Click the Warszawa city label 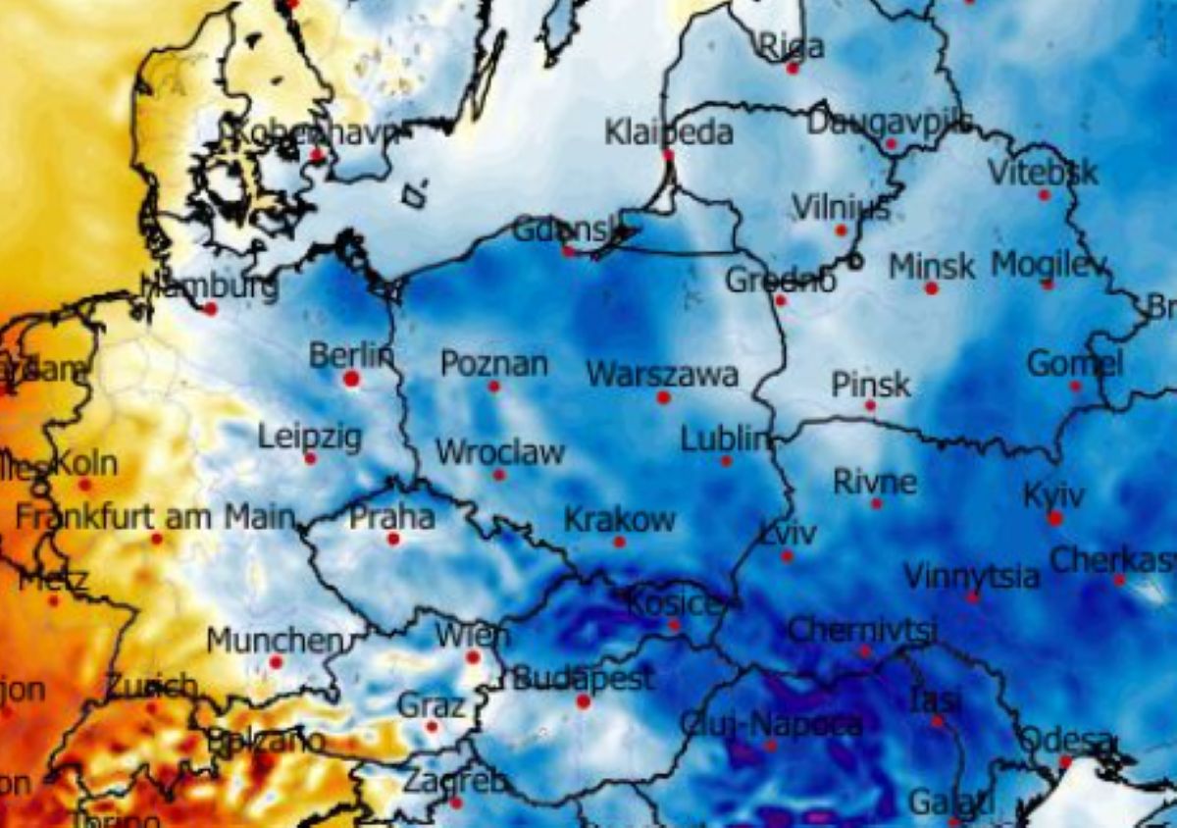click(661, 374)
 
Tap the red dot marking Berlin click(351, 378)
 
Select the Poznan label click(493, 364)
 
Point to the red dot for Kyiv click(1054, 518)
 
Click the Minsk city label click(932, 266)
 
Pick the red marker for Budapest click(584, 701)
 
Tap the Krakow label click(619, 519)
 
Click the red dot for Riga click(793, 69)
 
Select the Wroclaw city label click(499, 452)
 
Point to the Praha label click(392, 516)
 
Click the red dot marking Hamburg click(210, 308)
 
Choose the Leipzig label click(310, 437)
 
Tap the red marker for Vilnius click(841, 231)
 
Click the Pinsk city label click(870, 384)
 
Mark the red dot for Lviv click(787, 556)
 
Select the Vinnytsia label click(971, 575)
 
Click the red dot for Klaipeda click(668, 155)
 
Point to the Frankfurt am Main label click(155, 516)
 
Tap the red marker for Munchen click(276, 662)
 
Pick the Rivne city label click(875, 482)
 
